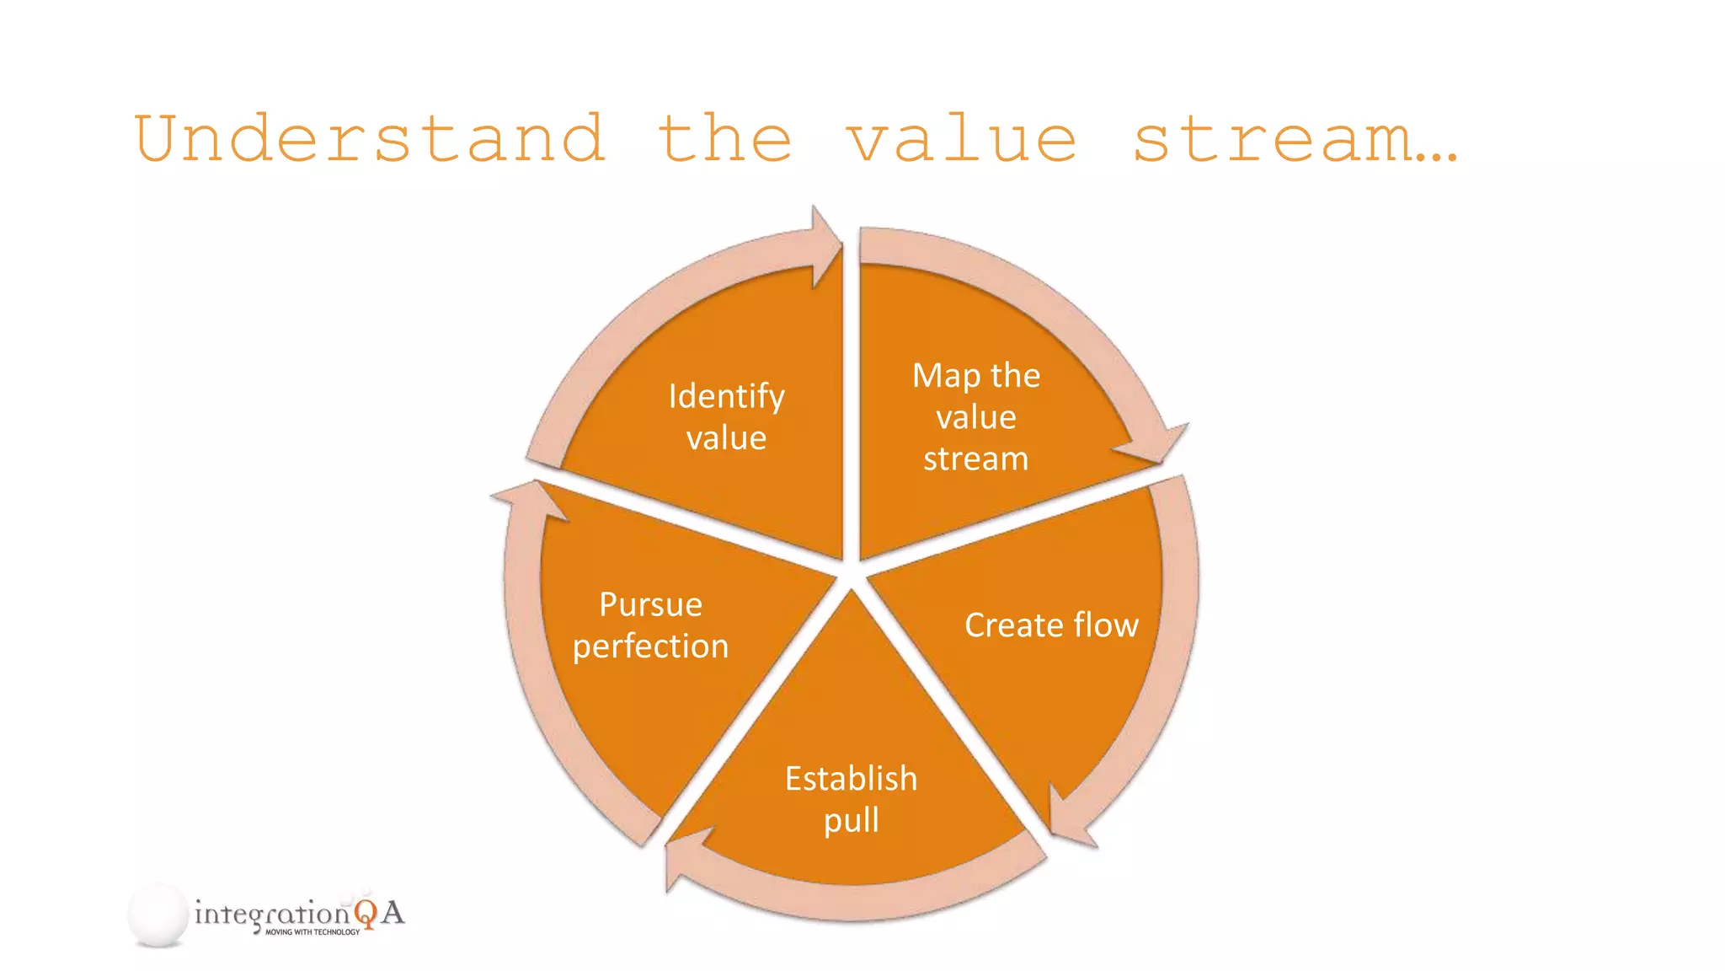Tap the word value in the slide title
(x=961, y=139)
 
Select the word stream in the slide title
(x=1273, y=139)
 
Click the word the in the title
(x=724, y=139)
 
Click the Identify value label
(x=726, y=416)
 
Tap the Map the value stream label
(x=975, y=416)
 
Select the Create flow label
(x=1050, y=625)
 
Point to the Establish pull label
(x=851, y=798)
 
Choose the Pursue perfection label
(x=650, y=625)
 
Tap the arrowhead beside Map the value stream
(x=1158, y=443)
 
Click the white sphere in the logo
(x=158, y=915)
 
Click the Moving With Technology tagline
(x=312, y=932)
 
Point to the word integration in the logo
(x=271, y=914)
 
